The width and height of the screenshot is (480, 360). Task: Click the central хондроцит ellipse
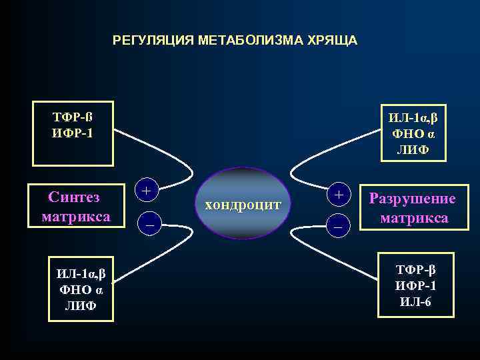[243, 203]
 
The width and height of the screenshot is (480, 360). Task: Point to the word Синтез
[74, 197]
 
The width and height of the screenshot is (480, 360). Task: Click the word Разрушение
[413, 199]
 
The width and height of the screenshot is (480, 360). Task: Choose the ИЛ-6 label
[415, 301]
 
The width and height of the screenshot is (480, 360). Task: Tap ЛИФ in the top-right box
[413, 150]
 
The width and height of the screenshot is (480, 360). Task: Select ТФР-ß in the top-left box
[73, 117]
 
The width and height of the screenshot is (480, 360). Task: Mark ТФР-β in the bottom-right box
[415, 270]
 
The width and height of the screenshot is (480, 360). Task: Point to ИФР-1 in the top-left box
[73, 133]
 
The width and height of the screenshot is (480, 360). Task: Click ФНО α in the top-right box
[413, 134]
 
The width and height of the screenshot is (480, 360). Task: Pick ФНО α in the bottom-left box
[80, 291]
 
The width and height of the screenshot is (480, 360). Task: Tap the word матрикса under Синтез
[75, 217]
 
